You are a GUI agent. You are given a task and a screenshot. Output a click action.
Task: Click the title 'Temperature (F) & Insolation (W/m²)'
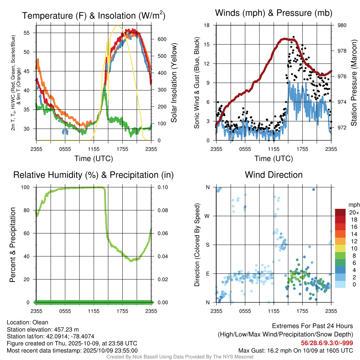(94, 15)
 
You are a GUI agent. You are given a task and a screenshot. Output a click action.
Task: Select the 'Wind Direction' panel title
(274, 175)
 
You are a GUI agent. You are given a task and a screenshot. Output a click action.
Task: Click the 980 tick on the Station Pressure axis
(342, 25)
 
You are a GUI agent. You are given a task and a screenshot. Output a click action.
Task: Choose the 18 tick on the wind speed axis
(207, 25)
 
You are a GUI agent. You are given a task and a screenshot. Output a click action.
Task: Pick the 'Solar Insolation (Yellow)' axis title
(174, 83)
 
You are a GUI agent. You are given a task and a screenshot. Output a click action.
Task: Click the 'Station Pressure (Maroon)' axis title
(354, 83)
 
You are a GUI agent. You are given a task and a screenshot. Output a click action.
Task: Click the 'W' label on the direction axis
(207, 216)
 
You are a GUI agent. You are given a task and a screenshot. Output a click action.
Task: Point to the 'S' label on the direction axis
(207, 245)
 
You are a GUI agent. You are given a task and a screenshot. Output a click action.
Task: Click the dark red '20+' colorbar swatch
(340, 212)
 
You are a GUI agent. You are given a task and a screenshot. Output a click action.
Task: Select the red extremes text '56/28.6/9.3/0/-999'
(327, 343)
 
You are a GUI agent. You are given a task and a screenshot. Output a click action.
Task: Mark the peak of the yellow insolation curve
(118, 26)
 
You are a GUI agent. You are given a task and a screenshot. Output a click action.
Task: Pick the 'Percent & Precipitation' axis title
(12, 245)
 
